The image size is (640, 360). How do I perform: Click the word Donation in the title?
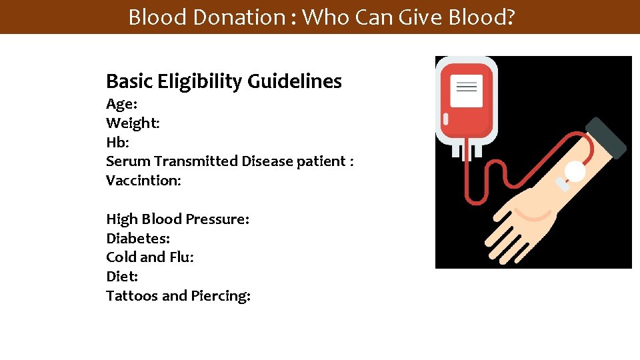point(239,17)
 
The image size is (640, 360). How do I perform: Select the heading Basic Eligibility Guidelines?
point(224,81)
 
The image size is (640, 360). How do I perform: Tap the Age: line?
point(121,104)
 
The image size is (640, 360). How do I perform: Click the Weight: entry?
point(133,123)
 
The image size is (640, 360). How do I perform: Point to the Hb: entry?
point(118,142)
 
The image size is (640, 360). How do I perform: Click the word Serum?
point(128,161)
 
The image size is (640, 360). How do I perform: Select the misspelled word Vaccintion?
point(143,181)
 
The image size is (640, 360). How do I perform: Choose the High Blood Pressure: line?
point(177,219)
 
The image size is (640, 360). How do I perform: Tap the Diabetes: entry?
point(138,238)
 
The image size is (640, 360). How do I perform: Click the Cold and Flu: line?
point(150,257)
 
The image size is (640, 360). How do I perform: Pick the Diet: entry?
point(122,276)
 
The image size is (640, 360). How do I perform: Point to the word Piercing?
point(221,296)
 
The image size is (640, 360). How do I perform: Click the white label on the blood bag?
point(466,91)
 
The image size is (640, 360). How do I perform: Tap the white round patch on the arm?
point(575,172)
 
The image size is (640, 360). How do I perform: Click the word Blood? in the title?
point(481,17)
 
